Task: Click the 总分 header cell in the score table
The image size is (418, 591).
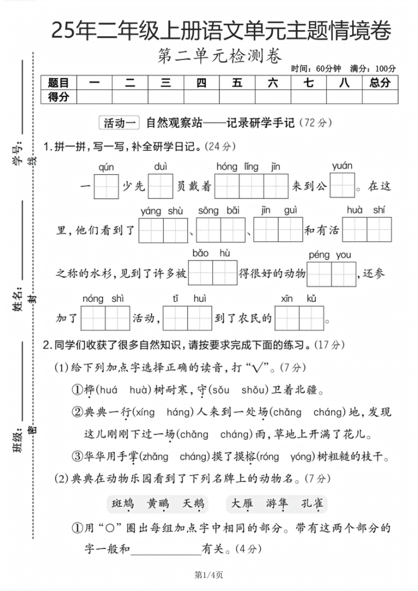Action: point(379,83)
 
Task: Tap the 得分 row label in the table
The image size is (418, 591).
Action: point(58,96)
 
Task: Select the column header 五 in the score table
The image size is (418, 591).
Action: point(237,83)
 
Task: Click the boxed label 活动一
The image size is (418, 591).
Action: point(120,122)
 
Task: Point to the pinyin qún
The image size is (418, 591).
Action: point(106,167)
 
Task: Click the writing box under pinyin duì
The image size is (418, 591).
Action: point(161,185)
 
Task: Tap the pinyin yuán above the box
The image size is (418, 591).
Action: point(342,166)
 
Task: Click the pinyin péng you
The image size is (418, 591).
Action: point(330,255)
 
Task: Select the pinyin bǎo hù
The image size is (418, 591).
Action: point(212,253)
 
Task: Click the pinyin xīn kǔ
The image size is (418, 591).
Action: point(299,298)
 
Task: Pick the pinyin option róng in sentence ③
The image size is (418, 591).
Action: point(269,457)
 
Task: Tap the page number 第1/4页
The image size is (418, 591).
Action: point(209,574)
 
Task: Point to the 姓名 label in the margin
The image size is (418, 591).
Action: point(18,298)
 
